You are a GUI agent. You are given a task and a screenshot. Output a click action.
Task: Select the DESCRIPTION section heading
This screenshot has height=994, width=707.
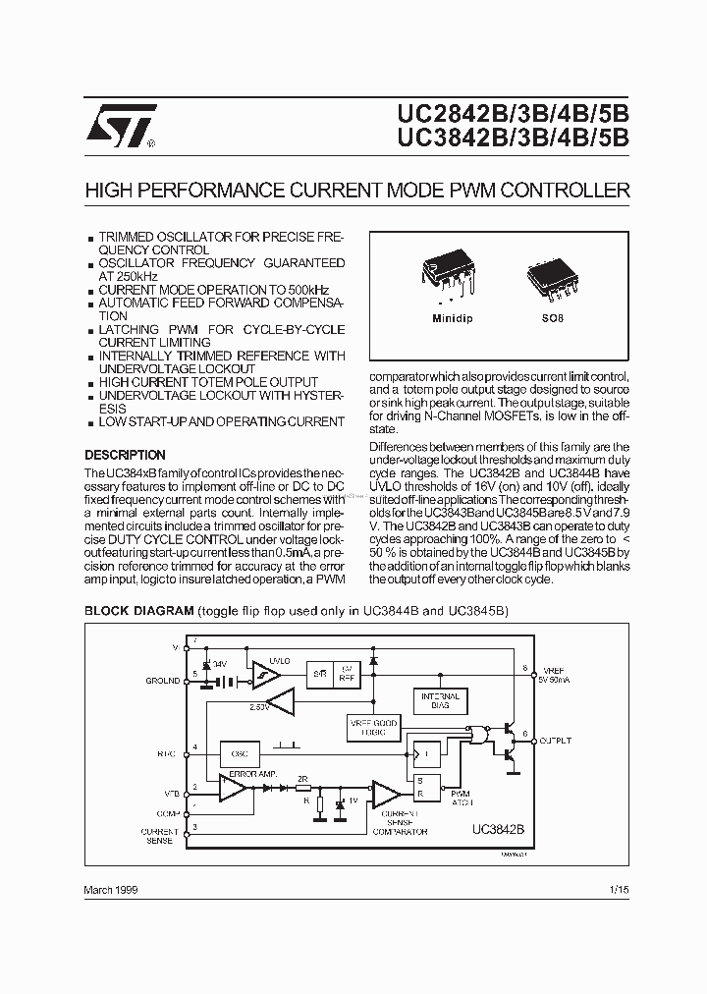125,456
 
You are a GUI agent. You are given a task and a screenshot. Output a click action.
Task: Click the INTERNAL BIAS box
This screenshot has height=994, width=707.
440,700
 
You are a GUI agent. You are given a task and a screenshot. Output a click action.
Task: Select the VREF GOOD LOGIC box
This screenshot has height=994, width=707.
374,728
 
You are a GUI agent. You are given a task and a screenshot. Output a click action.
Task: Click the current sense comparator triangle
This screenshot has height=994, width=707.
385,793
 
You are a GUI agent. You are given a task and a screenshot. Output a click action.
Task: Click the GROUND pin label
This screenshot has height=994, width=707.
162,680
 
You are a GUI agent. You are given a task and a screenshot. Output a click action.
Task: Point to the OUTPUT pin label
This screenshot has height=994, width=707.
556,741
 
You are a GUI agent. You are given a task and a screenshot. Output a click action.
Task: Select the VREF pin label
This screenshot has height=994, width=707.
552,669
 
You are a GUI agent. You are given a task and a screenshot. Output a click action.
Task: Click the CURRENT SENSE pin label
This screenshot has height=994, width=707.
160,836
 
